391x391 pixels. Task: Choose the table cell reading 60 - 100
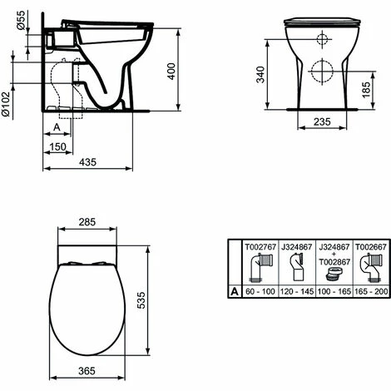point(257,293)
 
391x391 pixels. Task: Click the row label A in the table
point(235,293)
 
